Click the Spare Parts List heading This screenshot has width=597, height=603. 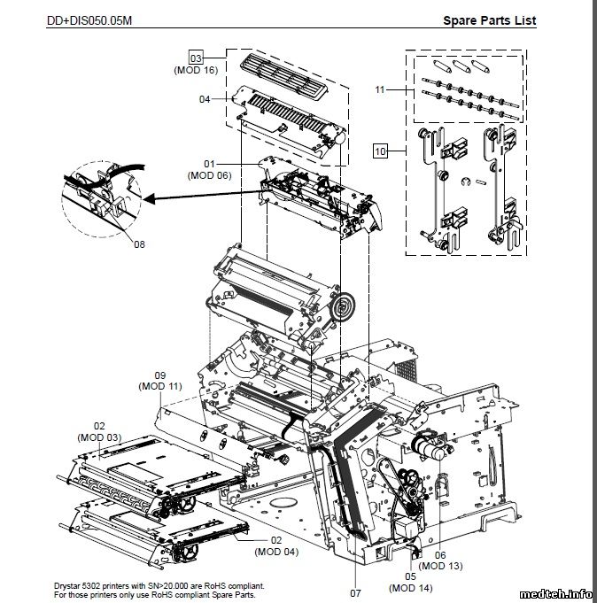coord(489,20)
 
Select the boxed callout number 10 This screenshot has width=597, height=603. coord(380,151)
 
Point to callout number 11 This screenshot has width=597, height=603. coord(380,89)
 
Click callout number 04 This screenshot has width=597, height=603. coord(205,99)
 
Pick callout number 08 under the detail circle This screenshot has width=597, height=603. coord(139,244)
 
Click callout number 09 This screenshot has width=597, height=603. coord(160,375)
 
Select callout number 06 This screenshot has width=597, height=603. coord(440,554)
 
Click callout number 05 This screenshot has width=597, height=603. coord(410,576)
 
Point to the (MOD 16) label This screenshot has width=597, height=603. coord(196,69)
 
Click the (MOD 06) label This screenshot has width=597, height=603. coord(209,175)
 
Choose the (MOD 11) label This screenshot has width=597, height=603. coord(160,386)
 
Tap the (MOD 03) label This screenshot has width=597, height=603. coord(99,437)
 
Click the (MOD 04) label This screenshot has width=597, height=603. coord(276,552)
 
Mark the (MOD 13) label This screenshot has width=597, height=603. coord(440,566)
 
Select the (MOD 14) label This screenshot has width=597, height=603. coord(410,588)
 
